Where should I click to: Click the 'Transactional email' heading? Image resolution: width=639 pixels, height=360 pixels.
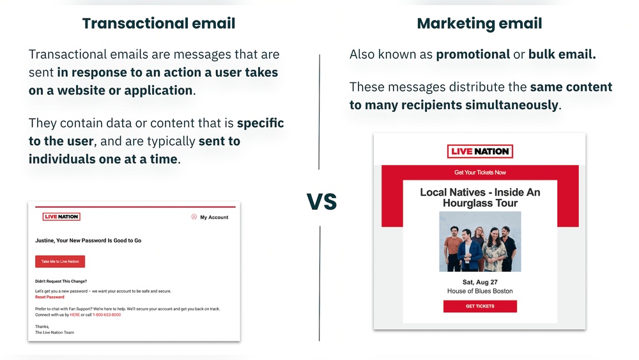(158, 24)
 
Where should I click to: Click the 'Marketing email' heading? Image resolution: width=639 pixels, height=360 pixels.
(479, 24)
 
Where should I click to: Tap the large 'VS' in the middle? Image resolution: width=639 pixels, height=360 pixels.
(321, 202)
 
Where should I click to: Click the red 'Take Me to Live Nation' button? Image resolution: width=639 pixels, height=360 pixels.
(60, 262)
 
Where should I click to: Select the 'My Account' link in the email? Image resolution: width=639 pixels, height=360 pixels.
(213, 217)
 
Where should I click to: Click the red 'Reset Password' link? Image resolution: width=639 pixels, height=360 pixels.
(50, 297)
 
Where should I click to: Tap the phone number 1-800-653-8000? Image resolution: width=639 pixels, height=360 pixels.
(107, 315)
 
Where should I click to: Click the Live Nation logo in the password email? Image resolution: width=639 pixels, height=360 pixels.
(61, 217)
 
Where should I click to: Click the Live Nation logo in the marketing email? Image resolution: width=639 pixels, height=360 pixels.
(480, 152)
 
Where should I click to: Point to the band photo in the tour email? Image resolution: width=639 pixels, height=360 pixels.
(480, 242)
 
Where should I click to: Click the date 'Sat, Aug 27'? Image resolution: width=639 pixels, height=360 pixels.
(480, 282)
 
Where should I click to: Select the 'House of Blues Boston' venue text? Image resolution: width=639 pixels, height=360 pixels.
(480, 291)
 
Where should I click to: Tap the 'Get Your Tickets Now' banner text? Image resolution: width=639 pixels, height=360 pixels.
(480, 173)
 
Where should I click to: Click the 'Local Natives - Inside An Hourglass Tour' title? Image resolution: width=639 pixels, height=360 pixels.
(480, 198)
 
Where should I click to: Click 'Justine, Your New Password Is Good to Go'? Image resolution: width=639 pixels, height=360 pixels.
(88, 240)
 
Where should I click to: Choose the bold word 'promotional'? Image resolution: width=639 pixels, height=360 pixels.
(473, 55)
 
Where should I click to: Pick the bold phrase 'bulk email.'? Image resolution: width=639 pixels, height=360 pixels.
(562, 55)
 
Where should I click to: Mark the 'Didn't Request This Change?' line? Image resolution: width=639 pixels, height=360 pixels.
(61, 281)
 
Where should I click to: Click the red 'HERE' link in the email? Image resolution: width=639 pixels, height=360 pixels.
(75, 315)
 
